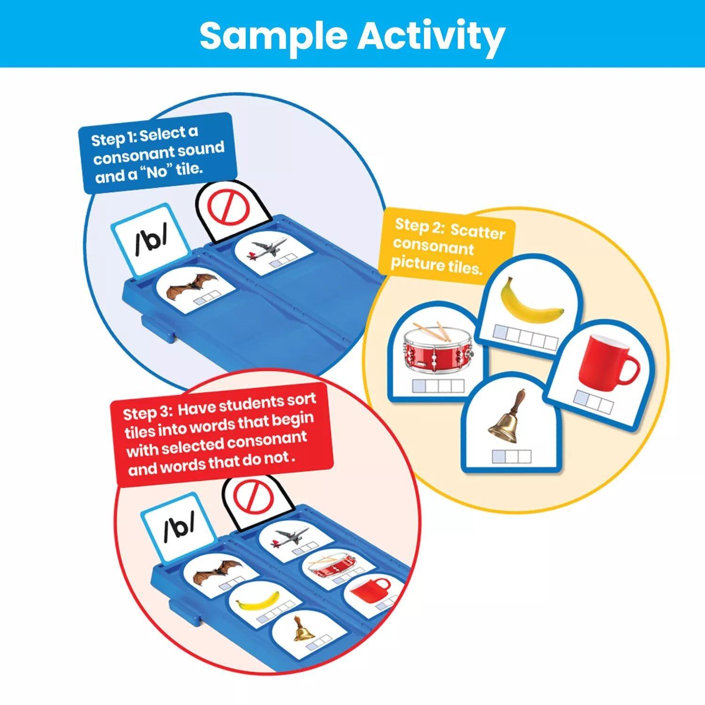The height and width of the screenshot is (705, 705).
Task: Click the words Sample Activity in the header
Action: [352, 35]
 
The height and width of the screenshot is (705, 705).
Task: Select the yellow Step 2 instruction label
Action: [449, 245]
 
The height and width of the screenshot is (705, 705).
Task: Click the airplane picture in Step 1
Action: [268, 249]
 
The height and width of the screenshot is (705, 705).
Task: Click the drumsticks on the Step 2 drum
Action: [435, 329]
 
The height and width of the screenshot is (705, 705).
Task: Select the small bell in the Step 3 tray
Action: [303, 630]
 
